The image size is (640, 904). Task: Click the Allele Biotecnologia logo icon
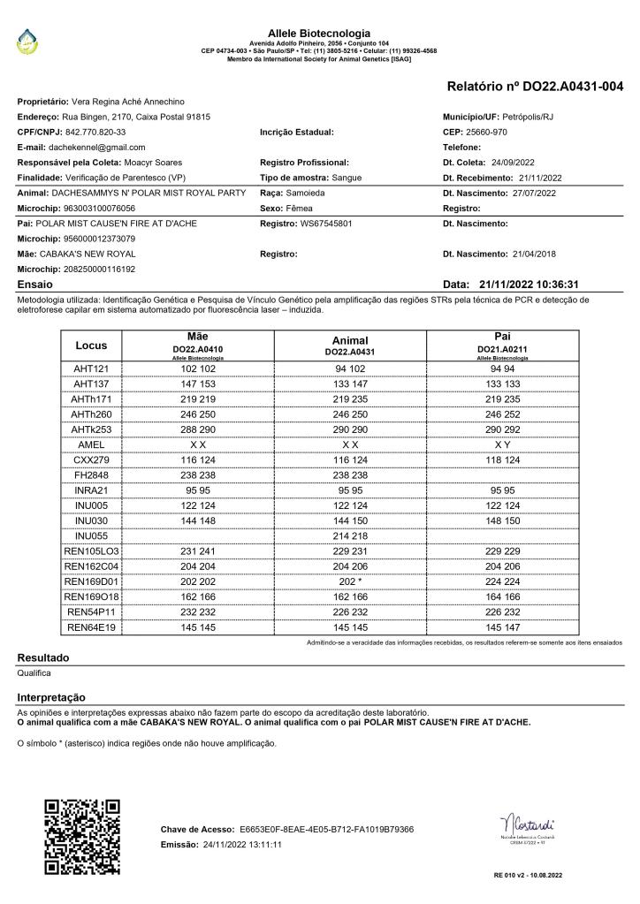(x=30, y=38)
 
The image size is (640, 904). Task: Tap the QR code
(x=81, y=836)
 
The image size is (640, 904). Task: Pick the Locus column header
(x=91, y=345)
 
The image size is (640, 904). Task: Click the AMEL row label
(x=91, y=444)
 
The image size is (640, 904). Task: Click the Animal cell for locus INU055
(x=350, y=536)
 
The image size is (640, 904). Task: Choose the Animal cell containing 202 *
(x=350, y=581)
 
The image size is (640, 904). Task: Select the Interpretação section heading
(x=51, y=697)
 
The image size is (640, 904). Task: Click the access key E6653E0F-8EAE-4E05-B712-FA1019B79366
(x=326, y=830)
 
